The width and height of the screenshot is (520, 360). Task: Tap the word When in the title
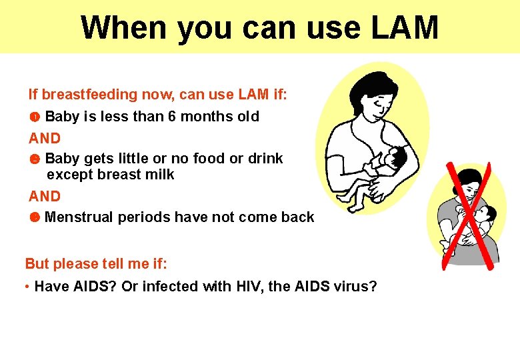(123, 28)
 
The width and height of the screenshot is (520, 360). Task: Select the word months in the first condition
(206, 117)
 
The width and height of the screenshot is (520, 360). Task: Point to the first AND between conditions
(45, 139)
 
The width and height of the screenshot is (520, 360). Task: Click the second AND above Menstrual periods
(45, 197)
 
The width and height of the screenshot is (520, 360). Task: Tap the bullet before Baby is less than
(35, 117)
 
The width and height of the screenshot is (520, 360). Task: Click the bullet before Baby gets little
(35, 159)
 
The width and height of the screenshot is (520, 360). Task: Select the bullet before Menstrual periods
(35, 217)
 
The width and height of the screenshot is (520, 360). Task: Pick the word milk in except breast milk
(160, 175)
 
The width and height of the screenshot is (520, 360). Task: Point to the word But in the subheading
(37, 263)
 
